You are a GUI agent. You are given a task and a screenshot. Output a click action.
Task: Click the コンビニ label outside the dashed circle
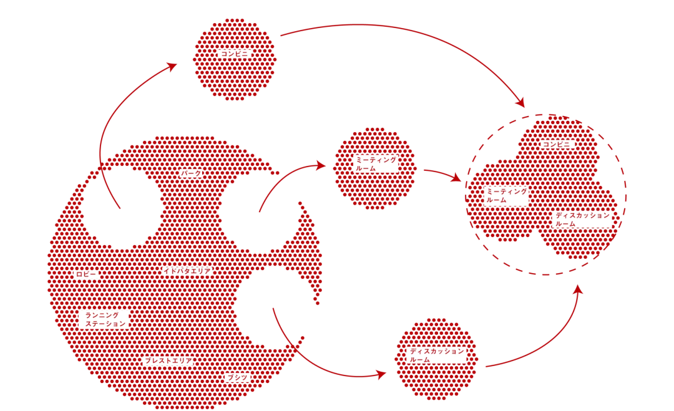click(x=235, y=54)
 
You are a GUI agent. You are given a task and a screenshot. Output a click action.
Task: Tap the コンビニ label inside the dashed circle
click(x=557, y=145)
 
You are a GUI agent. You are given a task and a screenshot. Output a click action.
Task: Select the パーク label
click(x=190, y=173)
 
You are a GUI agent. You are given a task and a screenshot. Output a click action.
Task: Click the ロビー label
click(x=86, y=274)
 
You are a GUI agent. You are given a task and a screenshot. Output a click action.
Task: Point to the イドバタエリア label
click(x=187, y=271)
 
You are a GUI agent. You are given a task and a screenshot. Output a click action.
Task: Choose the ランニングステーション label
click(x=104, y=319)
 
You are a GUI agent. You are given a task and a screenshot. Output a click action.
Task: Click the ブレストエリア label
click(x=168, y=361)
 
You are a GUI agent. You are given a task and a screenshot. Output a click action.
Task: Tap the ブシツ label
click(x=238, y=377)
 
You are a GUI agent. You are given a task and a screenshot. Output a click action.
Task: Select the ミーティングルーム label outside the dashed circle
click(x=375, y=164)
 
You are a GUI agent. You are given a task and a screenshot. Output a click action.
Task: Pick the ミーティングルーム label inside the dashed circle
click(x=506, y=196)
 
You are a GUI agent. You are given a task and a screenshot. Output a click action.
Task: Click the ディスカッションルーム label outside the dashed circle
click(x=436, y=355)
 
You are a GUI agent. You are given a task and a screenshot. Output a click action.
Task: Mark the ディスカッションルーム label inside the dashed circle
click(x=582, y=219)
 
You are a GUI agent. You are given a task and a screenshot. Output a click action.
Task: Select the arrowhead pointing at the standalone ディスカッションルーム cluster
click(x=381, y=374)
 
